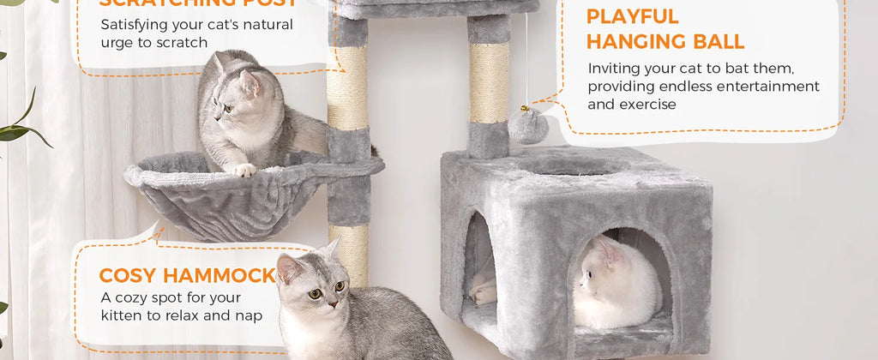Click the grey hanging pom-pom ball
tap(527, 126)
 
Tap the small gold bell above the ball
tap(524, 109)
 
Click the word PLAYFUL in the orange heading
tap(632, 16)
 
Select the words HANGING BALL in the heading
tap(665, 41)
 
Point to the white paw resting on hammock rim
tap(244, 170)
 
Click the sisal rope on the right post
tap(489, 82)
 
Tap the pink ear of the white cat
tap(607, 250)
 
